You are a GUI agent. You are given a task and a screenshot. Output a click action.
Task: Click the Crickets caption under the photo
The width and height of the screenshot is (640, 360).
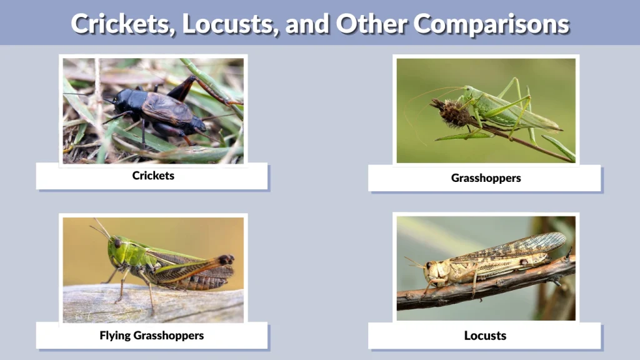[153, 176]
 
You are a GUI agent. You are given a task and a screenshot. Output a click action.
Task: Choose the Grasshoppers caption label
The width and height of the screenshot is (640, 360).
[486, 178]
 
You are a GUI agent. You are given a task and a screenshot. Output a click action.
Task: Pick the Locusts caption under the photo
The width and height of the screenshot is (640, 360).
[485, 336]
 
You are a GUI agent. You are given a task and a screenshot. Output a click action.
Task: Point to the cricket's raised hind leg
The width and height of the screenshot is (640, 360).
[187, 87]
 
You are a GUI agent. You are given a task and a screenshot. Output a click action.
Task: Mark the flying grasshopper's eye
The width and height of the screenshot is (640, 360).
[117, 243]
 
